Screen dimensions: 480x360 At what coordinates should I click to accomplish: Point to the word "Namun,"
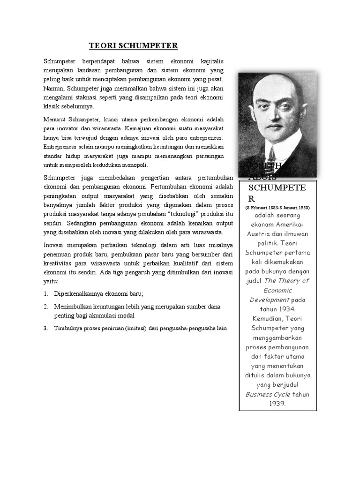point(54,88)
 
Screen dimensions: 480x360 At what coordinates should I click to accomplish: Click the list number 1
point(45,293)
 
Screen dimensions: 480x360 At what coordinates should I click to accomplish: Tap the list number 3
point(45,329)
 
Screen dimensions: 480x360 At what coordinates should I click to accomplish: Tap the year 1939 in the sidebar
point(277,403)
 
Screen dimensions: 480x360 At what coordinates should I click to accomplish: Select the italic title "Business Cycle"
point(268,394)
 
